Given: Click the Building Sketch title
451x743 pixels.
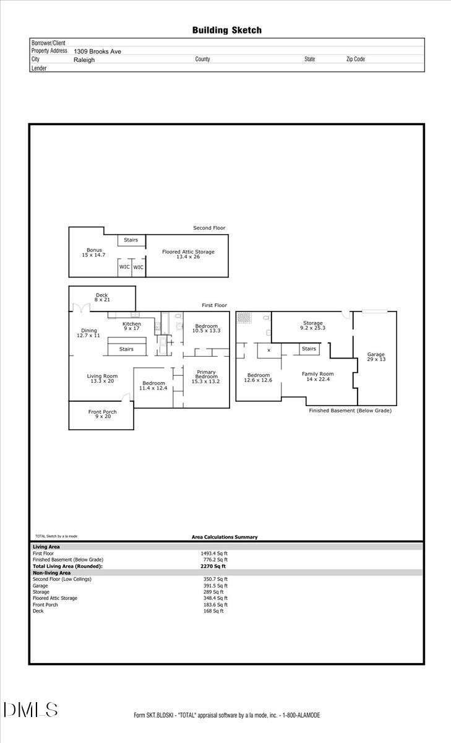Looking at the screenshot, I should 226,30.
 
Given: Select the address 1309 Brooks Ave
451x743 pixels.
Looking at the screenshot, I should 97,52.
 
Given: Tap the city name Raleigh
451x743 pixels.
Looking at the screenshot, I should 84,60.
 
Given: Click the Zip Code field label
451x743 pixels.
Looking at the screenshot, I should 355,59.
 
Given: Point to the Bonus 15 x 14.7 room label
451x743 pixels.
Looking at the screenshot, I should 94,253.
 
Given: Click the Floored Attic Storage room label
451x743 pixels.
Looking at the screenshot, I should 188,254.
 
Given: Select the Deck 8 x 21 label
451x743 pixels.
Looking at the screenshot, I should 101,298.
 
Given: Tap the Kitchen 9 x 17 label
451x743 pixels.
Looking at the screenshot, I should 132,326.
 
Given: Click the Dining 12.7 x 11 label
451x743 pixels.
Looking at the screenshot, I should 88,332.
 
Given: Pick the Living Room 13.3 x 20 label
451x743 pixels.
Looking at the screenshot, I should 102,378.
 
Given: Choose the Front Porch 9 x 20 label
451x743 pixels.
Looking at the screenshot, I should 102,414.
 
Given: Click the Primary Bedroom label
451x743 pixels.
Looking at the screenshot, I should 206,376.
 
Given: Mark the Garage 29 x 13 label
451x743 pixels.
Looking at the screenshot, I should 376,357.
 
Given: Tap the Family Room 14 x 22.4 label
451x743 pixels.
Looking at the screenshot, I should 317,376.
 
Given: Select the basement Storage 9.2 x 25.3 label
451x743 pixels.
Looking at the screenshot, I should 313,325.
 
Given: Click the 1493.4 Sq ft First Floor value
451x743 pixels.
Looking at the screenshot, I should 214,554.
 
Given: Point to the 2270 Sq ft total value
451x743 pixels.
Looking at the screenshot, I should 213,567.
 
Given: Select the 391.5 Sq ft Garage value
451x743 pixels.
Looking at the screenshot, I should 214,586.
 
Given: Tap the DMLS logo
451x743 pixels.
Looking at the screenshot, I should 30,710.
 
